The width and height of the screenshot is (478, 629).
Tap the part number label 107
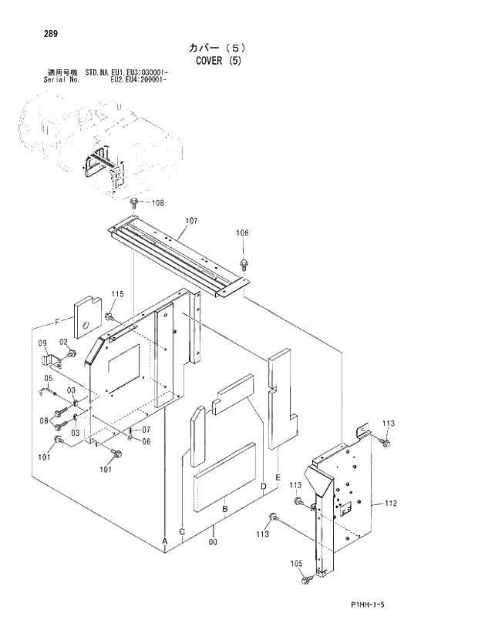point(191,221)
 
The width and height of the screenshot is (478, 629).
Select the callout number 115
point(117,294)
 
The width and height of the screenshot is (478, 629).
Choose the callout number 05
point(47,378)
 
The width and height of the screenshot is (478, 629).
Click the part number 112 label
point(390,504)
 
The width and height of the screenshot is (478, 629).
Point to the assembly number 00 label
point(214,542)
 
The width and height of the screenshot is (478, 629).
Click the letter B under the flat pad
point(224,509)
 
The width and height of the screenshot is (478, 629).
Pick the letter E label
point(277,475)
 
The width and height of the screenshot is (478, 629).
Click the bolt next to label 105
point(308,578)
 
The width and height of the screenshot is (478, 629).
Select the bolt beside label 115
point(109,316)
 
